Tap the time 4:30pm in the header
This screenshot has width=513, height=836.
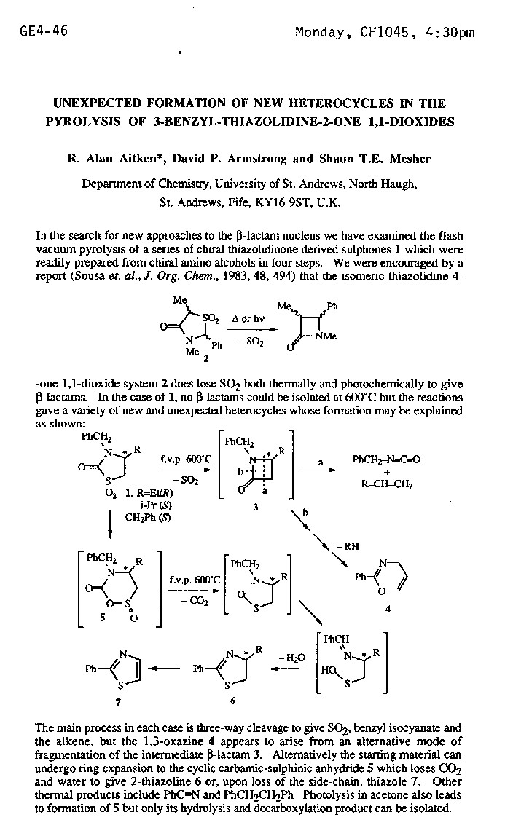tap(448, 32)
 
